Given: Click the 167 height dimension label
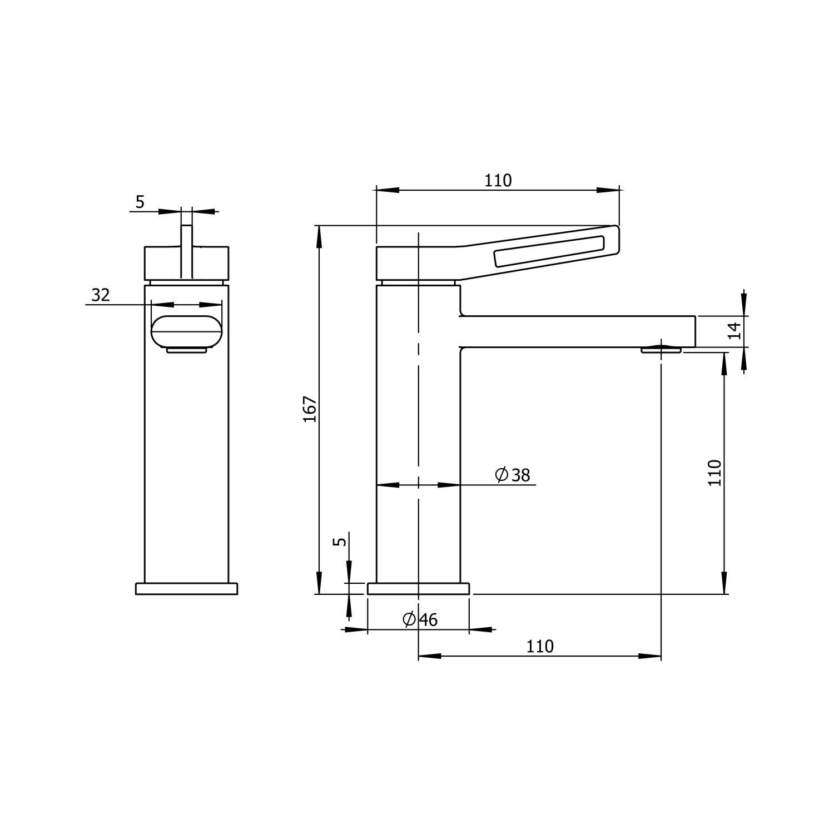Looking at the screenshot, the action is [310, 409].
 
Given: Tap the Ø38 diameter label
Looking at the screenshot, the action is [513, 475].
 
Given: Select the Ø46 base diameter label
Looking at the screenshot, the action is [420, 619].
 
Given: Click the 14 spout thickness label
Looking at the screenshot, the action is [735, 331].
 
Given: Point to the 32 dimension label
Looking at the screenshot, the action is [101, 295].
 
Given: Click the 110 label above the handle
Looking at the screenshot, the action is [498, 181].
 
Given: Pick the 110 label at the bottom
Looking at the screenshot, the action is [540, 646].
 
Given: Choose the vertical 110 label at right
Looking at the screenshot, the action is [715, 473].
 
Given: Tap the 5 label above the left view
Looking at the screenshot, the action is [140, 202].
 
